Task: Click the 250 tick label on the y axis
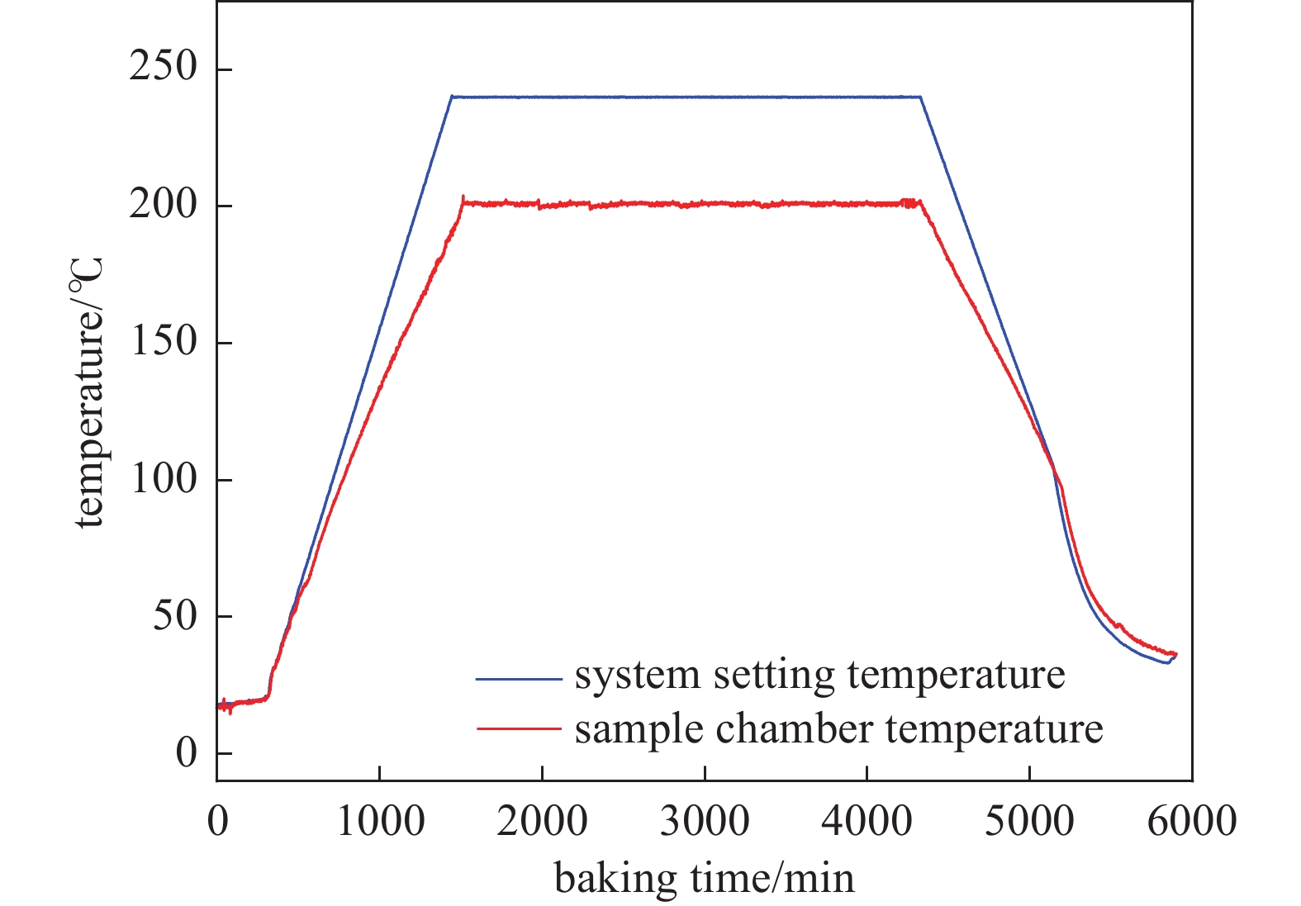(x=164, y=68)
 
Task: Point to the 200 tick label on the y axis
(x=164, y=205)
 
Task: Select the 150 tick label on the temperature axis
(x=164, y=342)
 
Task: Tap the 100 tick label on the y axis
(x=164, y=479)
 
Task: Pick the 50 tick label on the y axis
(x=175, y=616)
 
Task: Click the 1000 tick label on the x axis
(x=380, y=822)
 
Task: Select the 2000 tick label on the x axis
(x=542, y=822)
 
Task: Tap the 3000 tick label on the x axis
(x=705, y=822)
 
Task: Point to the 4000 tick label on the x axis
(x=867, y=822)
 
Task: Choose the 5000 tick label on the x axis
(x=1029, y=822)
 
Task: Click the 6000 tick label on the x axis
(x=1191, y=822)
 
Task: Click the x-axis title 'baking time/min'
(x=704, y=878)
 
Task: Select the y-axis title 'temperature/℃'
(x=89, y=393)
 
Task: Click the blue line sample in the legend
(x=518, y=679)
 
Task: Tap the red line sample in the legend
(x=518, y=728)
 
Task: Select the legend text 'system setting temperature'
(x=819, y=676)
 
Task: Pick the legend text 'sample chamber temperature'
(x=838, y=728)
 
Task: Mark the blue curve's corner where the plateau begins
(x=452, y=97)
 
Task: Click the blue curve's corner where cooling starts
(x=920, y=97)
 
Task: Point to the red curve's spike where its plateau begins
(x=463, y=197)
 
